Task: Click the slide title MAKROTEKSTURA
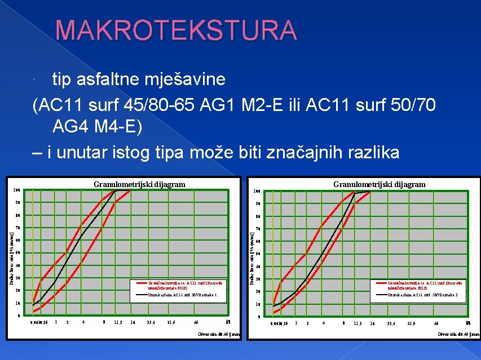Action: (x=175, y=31)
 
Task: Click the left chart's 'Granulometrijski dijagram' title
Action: (x=139, y=184)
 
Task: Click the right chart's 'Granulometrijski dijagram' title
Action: (x=379, y=184)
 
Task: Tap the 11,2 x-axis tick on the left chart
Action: (x=118, y=322)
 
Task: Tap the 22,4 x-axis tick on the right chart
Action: (x=388, y=323)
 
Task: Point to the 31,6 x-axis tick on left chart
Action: (x=171, y=322)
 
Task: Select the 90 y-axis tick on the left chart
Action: (x=17, y=203)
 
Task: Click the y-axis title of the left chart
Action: (x=12, y=254)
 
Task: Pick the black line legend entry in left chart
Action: (x=178, y=294)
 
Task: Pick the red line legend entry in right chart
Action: (x=425, y=285)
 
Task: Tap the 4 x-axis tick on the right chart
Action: (x=323, y=323)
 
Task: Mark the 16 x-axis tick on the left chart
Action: (x=133, y=322)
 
